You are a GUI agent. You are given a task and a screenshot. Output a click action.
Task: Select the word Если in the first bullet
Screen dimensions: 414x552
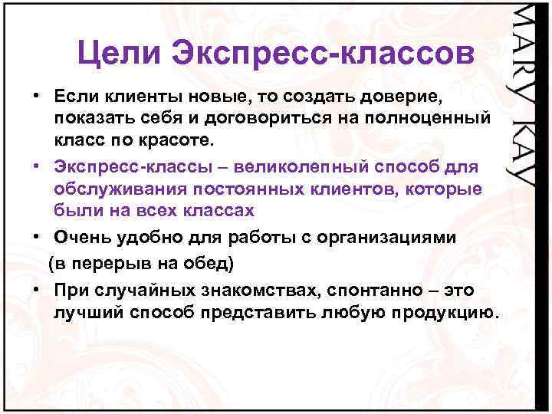tap(74, 97)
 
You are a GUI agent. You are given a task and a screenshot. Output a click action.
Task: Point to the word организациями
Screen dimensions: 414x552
tap(390, 238)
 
